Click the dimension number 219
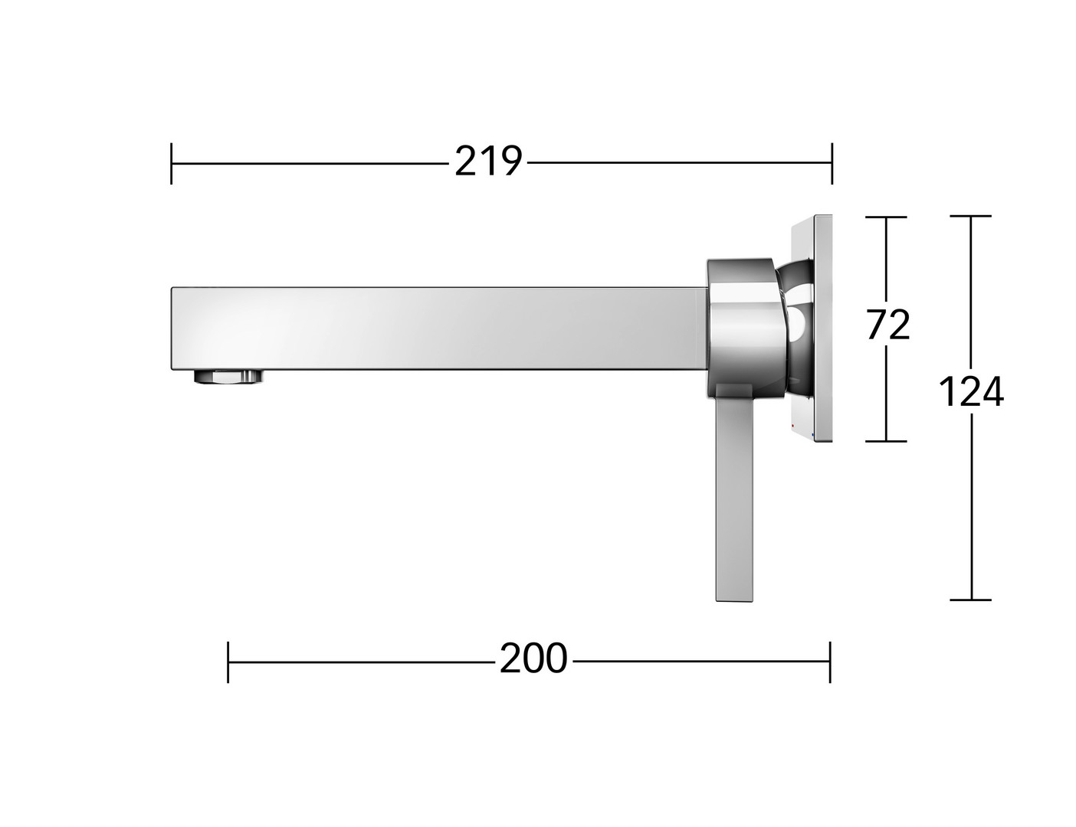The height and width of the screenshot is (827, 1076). point(488,161)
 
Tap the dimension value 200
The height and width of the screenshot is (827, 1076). point(533,659)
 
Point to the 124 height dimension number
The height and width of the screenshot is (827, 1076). point(971,391)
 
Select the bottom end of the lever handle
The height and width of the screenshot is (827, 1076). point(735,600)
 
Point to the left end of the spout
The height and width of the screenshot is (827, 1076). point(172,328)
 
